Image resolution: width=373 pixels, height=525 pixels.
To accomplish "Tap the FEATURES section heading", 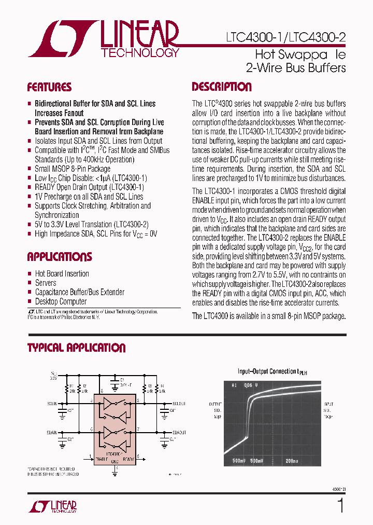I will tap(49, 87).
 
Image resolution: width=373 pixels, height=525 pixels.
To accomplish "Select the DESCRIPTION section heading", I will tap(222, 87).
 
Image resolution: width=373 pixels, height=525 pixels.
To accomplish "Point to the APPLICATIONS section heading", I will tap(60, 257).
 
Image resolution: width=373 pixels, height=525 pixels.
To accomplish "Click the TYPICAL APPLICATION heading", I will tap(76, 348).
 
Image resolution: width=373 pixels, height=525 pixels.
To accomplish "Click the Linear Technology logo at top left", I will tap(104, 39).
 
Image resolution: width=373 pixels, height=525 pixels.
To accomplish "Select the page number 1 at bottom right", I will tap(340, 505).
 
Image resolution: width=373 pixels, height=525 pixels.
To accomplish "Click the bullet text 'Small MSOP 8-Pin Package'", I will tap(73, 169).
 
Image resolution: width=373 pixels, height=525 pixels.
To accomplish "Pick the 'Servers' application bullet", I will tap(46, 283).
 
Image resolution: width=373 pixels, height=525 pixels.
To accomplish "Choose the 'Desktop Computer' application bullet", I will tap(61, 301).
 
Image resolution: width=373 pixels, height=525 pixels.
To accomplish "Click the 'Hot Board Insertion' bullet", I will tap(62, 273).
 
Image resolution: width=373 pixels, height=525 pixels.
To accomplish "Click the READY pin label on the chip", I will tap(128, 459).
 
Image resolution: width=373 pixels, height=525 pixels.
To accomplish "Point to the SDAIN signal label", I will tap(52, 431).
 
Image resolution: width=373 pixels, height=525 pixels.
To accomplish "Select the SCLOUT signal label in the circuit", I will tap(179, 403).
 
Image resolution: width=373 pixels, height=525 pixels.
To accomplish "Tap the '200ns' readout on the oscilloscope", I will tap(292, 460).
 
